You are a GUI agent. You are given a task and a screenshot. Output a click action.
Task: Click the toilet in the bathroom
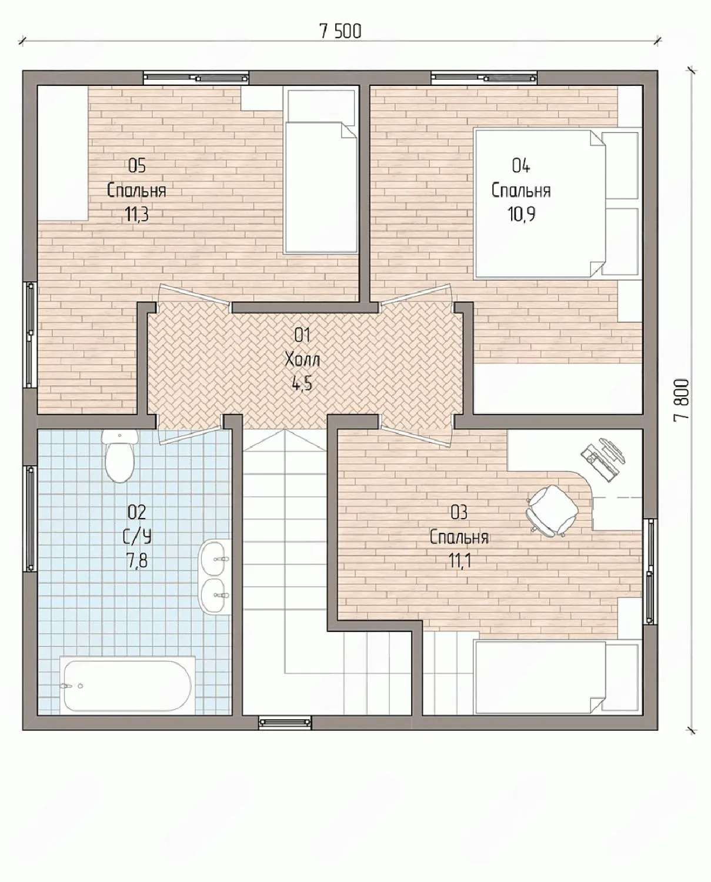[x=120, y=456]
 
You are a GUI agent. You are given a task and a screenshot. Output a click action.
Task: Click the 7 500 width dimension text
[x=341, y=32]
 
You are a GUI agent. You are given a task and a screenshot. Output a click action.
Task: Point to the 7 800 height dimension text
[x=680, y=399]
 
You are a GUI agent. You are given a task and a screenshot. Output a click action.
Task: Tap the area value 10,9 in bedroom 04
[x=522, y=214]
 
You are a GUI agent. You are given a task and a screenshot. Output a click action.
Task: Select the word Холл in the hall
[x=302, y=360]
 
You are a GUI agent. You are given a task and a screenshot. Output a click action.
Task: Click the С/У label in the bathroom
[x=137, y=536]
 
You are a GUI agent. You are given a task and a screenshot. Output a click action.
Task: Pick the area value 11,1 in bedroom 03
[x=459, y=560]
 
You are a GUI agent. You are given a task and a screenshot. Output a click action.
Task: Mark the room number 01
[x=302, y=335]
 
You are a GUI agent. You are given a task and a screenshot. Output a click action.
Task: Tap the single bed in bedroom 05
[x=321, y=171]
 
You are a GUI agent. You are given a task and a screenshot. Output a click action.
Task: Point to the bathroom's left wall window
[x=31, y=519]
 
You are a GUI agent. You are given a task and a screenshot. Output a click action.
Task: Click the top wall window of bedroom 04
[x=484, y=78]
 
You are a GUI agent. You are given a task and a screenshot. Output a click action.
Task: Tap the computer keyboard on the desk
[x=593, y=460]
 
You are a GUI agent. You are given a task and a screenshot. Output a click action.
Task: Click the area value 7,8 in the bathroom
[x=137, y=560]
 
